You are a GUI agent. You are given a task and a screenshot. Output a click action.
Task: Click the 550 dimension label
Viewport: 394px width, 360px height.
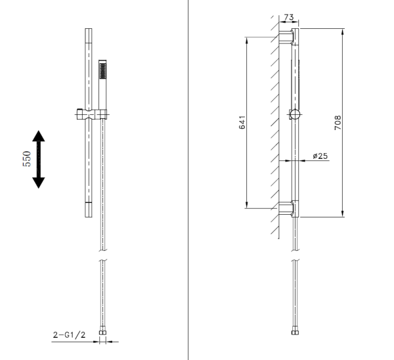click(27, 159)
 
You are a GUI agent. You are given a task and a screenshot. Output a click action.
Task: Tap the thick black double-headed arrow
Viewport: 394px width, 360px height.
click(39, 159)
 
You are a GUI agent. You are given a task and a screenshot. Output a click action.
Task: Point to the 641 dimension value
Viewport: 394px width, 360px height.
click(241, 122)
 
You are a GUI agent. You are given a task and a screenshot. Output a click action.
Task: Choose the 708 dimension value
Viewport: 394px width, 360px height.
click(338, 122)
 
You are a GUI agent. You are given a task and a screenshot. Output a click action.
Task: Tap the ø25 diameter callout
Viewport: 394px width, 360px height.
click(320, 156)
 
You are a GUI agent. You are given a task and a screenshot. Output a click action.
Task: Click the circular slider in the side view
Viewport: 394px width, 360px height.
click(295, 115)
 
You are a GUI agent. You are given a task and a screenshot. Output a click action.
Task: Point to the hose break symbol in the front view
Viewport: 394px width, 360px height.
click(102, 256)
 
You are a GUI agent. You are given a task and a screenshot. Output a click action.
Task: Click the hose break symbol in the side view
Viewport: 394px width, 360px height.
click(295, 256)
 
